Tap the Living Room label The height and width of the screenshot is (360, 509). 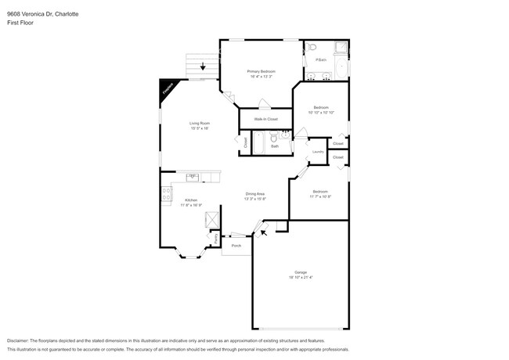(199, 123)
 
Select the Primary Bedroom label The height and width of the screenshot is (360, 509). (261, 72)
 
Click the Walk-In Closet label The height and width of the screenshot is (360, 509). (266, 119)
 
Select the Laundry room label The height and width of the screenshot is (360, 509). (318, 152)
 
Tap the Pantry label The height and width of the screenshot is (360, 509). (216, 237)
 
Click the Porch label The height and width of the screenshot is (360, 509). (236, 246)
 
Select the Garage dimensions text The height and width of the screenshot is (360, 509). (301, 277)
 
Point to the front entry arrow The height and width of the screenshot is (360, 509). (263, 231)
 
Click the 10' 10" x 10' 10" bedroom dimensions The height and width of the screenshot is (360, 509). (321, 113)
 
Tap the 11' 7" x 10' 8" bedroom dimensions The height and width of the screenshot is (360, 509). (319, 196)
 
